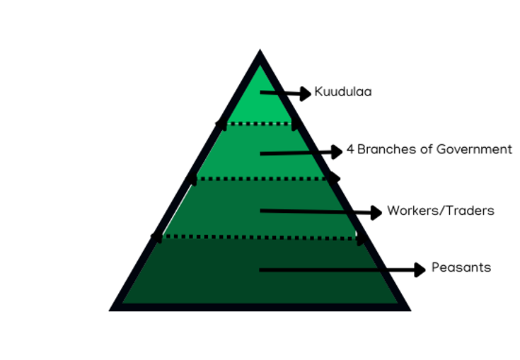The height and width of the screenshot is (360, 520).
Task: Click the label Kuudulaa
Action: (x=343, y=92)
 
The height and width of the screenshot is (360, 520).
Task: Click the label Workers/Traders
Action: (x=440, y=211)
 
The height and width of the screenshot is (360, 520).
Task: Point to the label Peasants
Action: (x=461, y=268)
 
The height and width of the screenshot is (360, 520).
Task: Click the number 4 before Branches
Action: (x=349, y=149)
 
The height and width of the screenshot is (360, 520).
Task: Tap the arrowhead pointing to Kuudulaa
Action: (x=305, y=93)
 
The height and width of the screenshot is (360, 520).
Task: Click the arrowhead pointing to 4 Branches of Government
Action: (x=337, y=151)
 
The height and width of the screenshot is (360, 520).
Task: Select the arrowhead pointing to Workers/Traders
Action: (x=376, y=211)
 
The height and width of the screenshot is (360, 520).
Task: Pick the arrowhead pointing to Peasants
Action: (x=420, y=269)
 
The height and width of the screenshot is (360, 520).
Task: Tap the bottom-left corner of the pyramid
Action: (x=113, y=308)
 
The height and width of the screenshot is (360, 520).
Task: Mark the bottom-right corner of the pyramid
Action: (x=406, y=308)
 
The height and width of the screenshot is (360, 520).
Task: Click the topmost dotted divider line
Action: (x=260, y=124)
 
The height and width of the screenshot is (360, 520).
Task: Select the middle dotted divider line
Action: (x=260, y=178)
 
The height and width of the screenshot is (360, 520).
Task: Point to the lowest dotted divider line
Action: (x=260, y=237)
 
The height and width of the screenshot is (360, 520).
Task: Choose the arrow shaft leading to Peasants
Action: (x=333, y=269)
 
